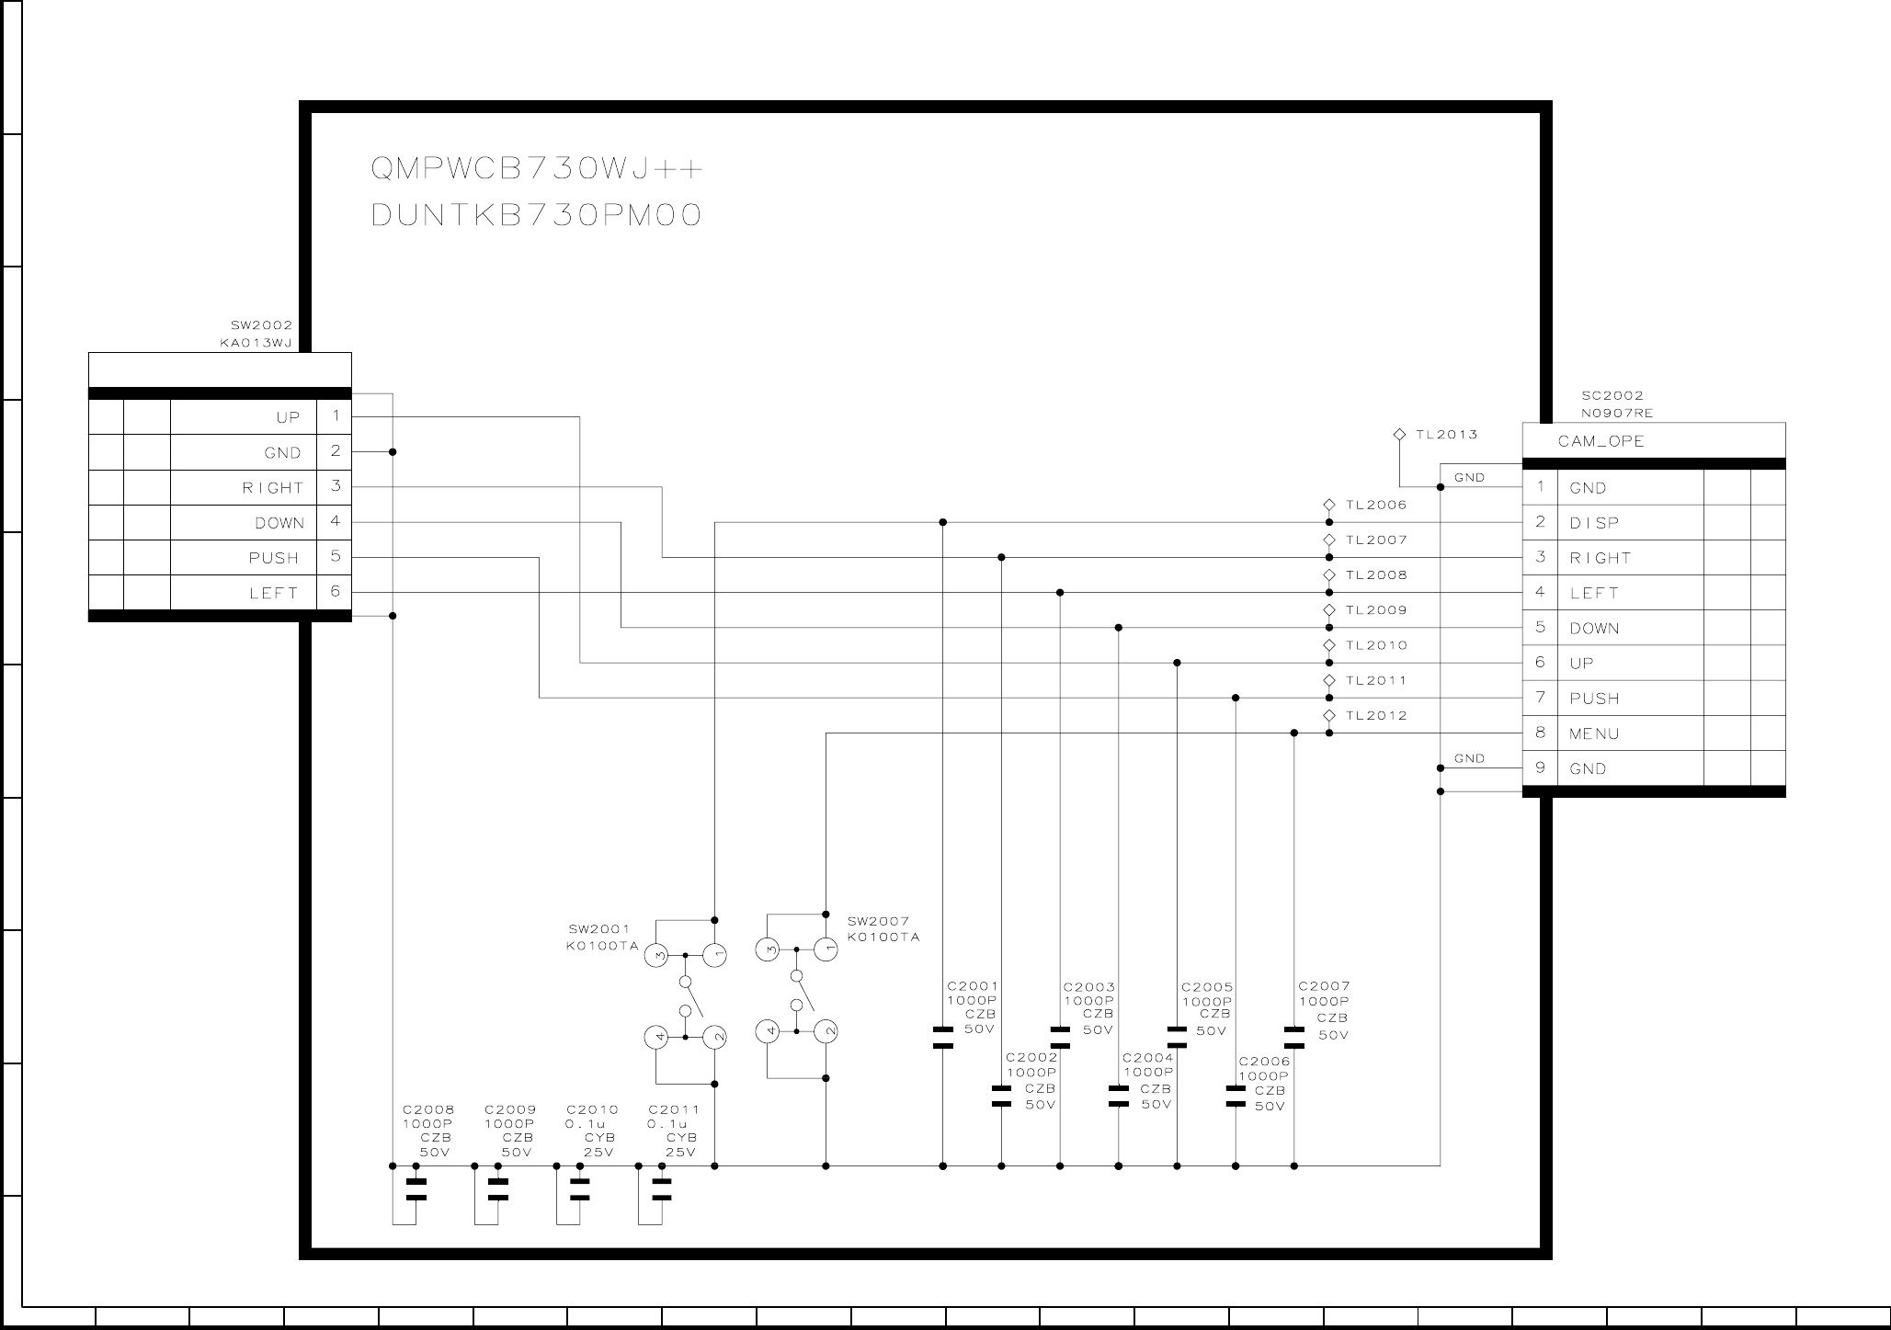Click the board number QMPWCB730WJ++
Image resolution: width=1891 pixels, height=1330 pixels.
[536, 170]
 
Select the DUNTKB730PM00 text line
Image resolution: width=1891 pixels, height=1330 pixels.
[536, 215]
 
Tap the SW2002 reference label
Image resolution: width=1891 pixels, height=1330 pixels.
[261, 325]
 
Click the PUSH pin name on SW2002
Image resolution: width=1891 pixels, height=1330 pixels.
[274, 558]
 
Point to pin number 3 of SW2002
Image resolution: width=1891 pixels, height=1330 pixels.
[336, 486]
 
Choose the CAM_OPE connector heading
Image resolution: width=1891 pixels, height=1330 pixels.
[1601, 441]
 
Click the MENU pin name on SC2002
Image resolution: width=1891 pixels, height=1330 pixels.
[1594, 733]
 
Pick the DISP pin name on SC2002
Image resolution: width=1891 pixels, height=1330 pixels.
[1594, 523]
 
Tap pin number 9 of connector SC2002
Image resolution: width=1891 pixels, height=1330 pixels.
[1541, 767]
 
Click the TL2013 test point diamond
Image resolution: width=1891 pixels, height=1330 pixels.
[1399, 434]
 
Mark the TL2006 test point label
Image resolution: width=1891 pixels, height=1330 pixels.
[1376, 505]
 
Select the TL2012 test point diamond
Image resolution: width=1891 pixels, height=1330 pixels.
[1329, 715]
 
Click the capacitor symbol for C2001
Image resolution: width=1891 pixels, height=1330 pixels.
[942, 1038]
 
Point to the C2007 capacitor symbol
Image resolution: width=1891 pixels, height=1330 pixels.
[1294, 1038]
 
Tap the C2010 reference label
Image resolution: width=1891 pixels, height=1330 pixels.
[592, 1110]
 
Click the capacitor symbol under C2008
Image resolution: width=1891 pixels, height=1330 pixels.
[416, 1189]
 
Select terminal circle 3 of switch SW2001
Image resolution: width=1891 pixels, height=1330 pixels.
[656, 956]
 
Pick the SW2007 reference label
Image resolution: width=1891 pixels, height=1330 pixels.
[878, 921]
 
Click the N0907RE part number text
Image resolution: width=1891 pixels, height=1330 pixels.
[1617, 414]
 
